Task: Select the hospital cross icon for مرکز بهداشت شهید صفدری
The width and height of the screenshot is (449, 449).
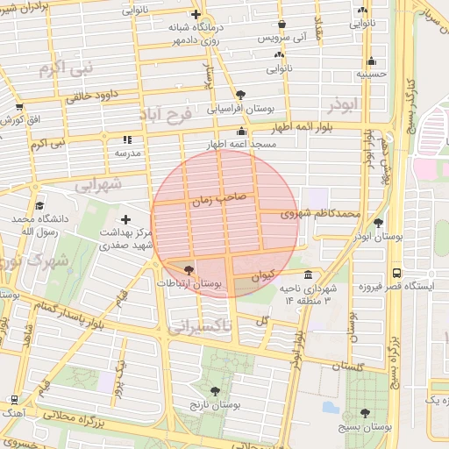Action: [126, 219]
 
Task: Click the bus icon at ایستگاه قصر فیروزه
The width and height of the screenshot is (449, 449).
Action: [396, 273]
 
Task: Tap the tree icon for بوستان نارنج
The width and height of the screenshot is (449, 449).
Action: [216, 390]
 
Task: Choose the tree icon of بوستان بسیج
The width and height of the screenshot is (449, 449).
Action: [365, 412]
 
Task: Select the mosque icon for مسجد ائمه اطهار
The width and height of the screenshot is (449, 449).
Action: [241, 132]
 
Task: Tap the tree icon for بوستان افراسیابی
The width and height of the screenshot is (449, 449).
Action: [240, 95]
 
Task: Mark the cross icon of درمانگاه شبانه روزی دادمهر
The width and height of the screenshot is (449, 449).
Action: [196, 15]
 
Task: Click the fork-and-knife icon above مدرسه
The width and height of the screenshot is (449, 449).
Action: [127, 139]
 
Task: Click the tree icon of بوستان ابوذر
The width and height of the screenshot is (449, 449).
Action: [378, 223]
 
